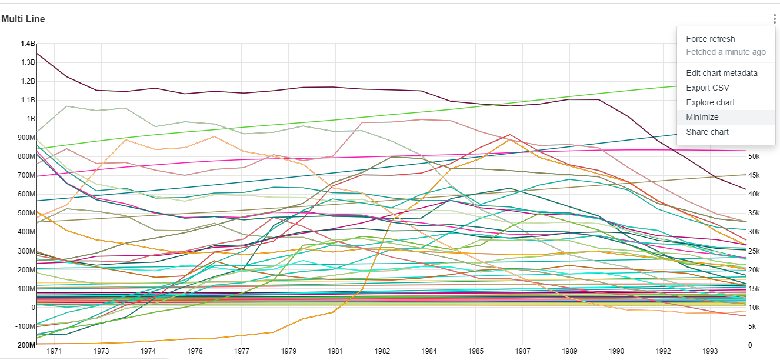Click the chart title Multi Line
(24, 19)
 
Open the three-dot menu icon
(775, 19)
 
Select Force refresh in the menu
(711, 39)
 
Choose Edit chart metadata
(722, 73)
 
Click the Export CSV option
(708, 88)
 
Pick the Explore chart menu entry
(711, 102)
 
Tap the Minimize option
(702, 117)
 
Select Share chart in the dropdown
(708, 132)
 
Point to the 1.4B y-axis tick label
(28, 44)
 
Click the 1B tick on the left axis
(31, 119)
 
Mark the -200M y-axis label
(25, 345)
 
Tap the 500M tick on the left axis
(26, 213)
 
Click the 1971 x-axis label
(55, 351)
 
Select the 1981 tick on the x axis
(336, 351)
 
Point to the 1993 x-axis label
(710, 351)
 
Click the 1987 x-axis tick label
(523, 351)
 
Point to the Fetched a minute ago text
(726, 52)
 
